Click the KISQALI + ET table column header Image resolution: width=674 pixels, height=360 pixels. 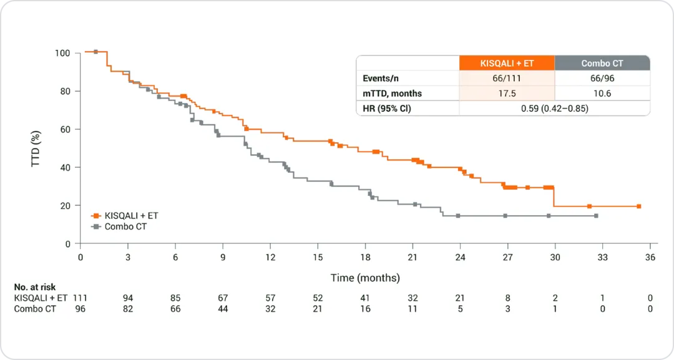(x=507, y=63)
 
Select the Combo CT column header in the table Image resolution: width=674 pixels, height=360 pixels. (x=602, y=63)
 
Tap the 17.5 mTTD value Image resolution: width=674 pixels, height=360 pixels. (x=507, y=94)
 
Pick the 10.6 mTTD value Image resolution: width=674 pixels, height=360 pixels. (x=602, y=94)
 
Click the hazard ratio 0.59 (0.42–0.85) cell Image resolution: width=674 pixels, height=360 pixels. (x=554, y=109)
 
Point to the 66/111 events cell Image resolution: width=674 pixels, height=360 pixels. (x=507, y=79)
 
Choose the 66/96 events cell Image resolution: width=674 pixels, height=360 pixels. (x=602, y=79)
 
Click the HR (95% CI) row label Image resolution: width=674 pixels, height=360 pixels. (x=387, y=109)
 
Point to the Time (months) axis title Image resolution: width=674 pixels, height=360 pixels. (x=365, y=278)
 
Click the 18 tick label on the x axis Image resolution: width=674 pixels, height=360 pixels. (x=365, y=257)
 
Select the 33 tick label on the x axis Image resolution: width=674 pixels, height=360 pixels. (x=602, y=257)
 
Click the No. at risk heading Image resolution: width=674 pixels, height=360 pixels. (x=35, y=288)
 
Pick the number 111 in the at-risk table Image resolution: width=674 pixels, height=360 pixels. (x=80, y=298)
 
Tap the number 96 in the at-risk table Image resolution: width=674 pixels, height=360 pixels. (x=80, y=309)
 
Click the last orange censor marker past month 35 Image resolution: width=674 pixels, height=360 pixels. (x=639, y=207)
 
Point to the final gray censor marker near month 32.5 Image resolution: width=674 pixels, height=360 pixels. (x=596, y=216)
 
